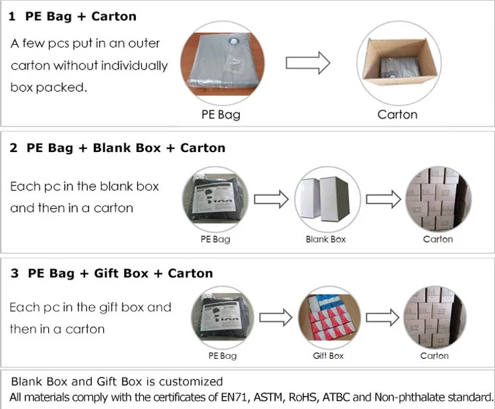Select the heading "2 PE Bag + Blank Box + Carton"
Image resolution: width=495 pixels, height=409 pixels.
[117, 148]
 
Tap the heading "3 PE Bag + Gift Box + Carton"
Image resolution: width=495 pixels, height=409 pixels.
[111, 273]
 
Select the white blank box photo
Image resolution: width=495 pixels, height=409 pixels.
[327, 198]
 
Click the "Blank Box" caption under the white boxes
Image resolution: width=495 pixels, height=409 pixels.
[326, 239]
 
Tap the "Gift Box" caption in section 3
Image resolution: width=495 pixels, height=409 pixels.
[328, 355]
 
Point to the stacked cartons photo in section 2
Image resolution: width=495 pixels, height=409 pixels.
[438, 198]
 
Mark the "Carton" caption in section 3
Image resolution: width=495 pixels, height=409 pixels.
[435, 355]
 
